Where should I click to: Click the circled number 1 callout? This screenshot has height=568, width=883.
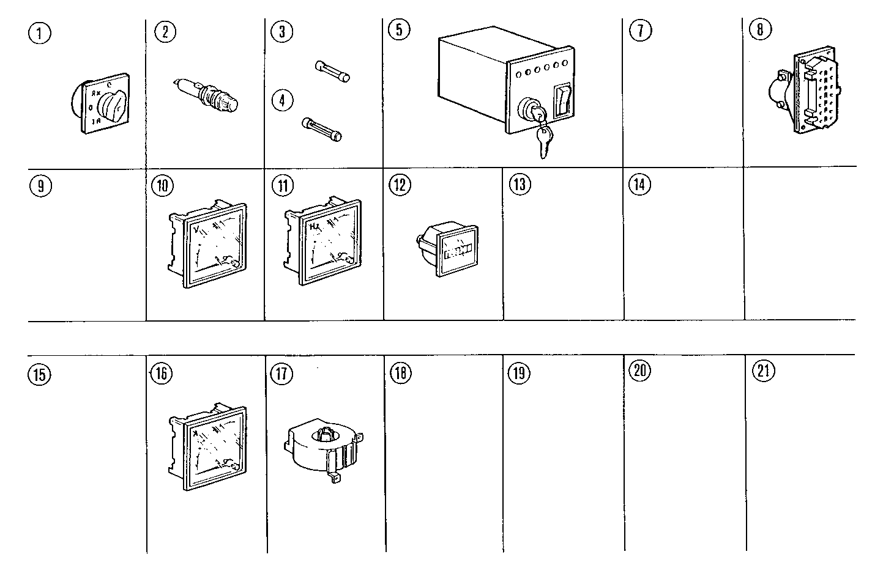40,32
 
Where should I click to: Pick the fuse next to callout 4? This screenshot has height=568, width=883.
322,130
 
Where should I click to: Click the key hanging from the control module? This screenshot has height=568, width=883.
544,139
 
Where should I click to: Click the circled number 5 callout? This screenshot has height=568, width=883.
399,29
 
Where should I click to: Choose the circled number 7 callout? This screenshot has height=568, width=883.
640,31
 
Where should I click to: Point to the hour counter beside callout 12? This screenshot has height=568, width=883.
449,249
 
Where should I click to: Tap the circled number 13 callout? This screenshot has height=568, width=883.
520,184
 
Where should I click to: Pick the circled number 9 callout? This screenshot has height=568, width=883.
40,186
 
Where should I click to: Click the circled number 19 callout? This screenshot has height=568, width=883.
519,372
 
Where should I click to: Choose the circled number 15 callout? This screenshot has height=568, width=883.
40,374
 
